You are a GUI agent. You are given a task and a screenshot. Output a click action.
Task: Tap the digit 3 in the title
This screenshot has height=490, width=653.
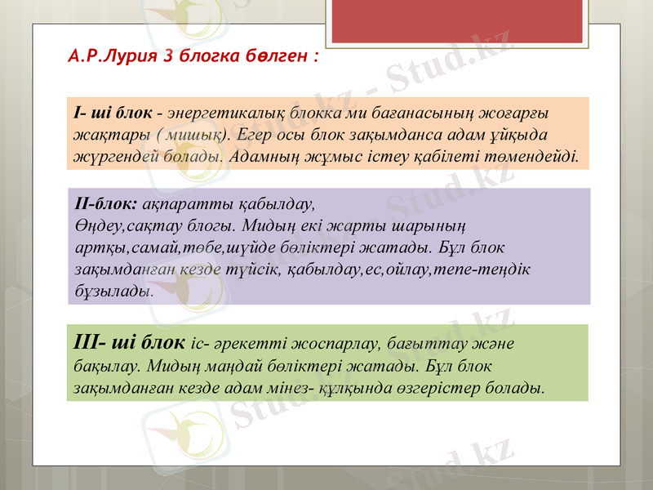tap(168, 57)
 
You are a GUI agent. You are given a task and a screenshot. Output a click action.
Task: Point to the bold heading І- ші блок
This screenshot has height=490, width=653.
tap(111, 111)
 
